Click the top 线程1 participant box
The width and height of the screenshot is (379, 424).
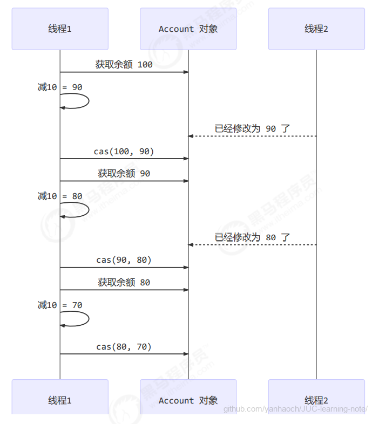click(60, 29)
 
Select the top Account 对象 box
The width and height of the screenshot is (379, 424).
click(188, 29)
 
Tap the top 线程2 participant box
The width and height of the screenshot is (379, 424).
click(316, 29)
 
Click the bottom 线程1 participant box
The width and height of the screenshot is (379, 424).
click(60, 400)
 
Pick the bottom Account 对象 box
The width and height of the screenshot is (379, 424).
click(188, 400)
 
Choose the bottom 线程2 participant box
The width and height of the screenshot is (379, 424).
click(316, 400)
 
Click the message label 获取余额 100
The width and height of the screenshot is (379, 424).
click(124, 65)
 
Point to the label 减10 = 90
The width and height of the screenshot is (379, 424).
click(60, 87)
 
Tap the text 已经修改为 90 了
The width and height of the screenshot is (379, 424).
click(252, 128)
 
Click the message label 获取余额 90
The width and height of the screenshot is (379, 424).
click(124, 174)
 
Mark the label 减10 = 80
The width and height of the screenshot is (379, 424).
click(60, 196)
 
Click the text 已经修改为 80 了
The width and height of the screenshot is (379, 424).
click(252, 237)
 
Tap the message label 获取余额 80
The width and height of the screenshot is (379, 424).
click(124, 282)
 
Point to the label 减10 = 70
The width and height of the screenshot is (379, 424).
click(60, 305)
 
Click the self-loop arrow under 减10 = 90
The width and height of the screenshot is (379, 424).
click(81, 101)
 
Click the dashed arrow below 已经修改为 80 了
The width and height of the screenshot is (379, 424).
click(252, 245)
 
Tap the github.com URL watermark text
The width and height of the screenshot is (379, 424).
click(296, 409)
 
